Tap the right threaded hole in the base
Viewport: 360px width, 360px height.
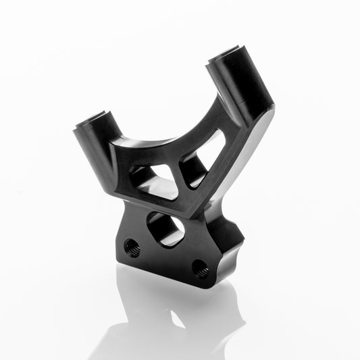click(x=200, y=269)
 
